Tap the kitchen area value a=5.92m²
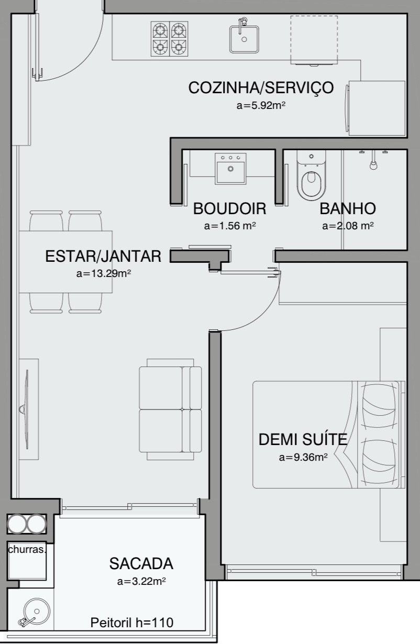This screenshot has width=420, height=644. (x=261, y=106)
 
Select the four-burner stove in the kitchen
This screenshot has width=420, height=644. (x=169, y=39)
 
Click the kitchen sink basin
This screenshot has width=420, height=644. (x=244, y=39)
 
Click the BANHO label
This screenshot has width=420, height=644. (x=348, y=209)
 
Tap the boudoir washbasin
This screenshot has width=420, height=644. (x=230, y=169)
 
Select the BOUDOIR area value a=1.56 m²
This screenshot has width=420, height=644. (x=230, y=226)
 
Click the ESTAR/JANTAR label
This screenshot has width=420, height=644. (x=103, y=256)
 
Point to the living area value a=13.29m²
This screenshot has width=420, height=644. (x=104, y=273)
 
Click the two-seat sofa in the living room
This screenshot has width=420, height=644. (x=170, y=409)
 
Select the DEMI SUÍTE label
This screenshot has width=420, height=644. (x=303, y=439)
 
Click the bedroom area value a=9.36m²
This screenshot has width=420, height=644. (x=303, y=457)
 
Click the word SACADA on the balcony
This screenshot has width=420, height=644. (x=141, y=563)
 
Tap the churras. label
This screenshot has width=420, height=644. (x=27, y=549)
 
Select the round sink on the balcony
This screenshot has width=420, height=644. (x=37, y=611)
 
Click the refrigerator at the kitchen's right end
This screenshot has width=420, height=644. (x=377, y=108)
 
